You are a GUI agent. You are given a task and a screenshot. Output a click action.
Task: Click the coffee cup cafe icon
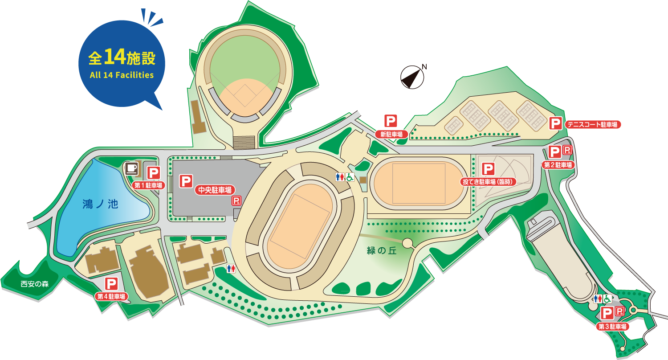click(131, 168)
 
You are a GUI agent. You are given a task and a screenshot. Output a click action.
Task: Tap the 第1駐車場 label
click(148, 185)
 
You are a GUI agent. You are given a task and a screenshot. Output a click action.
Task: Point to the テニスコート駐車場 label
click(593, 125)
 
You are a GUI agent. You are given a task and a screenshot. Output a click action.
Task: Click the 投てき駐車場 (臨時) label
click(489, 182)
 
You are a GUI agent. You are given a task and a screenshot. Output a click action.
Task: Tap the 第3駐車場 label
click(613, 327)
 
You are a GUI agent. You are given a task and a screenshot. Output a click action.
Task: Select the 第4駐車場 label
click(111, 296)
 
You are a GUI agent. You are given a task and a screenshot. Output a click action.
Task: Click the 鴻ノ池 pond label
click(100, 205)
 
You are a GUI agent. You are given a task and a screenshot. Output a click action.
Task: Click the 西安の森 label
click(34, 284)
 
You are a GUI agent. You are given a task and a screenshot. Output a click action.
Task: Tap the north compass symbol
click(412, 77)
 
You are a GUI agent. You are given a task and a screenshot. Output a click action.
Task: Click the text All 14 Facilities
click(122, 75)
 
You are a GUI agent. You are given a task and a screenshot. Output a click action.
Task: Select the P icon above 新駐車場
click(391, 121)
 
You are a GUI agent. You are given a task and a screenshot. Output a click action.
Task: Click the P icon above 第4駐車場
click(111, 283)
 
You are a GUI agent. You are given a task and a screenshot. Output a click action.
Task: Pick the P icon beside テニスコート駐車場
click(555, 123)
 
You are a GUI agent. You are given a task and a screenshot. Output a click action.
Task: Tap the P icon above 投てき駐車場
click(489, 169)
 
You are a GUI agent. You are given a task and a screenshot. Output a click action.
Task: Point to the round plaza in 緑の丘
click(407, 243)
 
